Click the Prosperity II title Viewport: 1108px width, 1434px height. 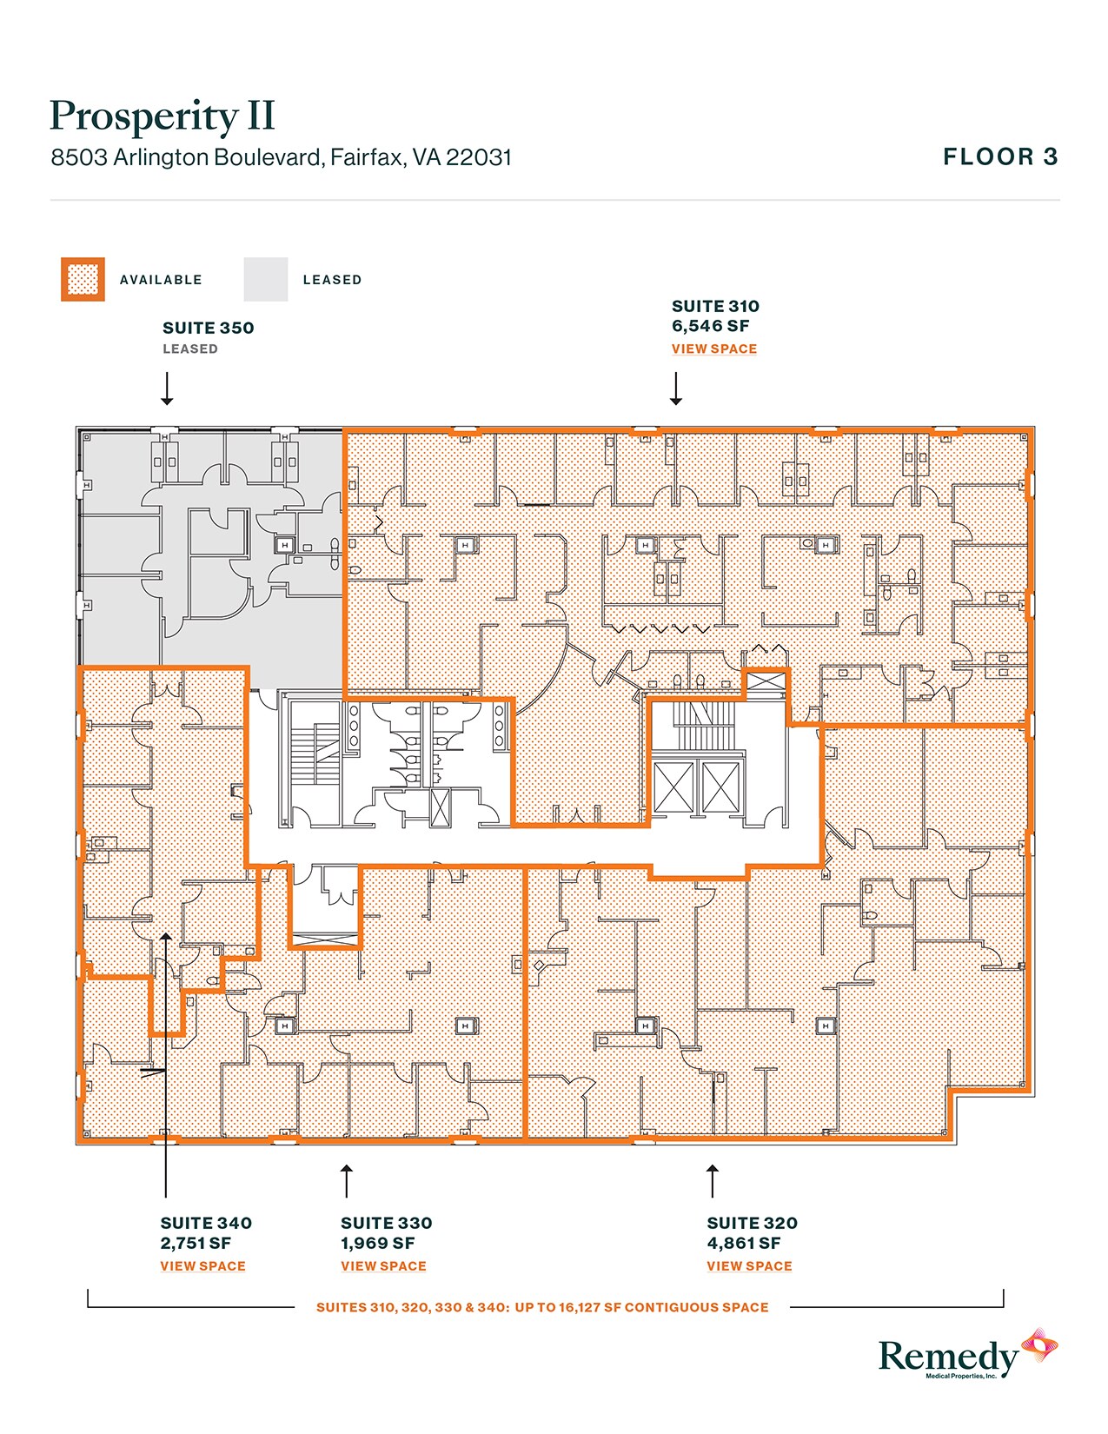click(163, 116)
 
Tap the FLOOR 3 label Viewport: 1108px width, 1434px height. click(1000, 157)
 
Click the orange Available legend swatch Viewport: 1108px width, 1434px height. click(83, 280)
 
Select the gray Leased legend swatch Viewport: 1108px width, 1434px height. click(265, 280)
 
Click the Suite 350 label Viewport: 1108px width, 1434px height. click(208, 329)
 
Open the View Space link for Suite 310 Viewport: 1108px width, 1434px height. click(713, 349)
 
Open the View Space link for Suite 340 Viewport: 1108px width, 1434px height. click(202, 1266)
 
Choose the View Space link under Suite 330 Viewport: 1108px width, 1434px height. click(383, 1266)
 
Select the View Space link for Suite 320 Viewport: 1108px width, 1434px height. click(749, 1266)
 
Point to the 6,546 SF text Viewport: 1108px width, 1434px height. click(710, 327)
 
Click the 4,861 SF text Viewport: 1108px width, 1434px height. click(744, 1244)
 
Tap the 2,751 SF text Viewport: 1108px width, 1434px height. click(196, 1244)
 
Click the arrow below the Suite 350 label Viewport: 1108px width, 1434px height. click(167, 389)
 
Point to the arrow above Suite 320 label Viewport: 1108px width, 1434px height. click(713, 1180)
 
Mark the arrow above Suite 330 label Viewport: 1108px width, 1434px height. click(347, 1180)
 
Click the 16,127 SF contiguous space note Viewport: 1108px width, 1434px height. click(542, 1307)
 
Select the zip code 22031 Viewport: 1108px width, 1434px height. click(479, 158)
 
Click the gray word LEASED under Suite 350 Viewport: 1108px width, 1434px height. click(190, 349)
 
